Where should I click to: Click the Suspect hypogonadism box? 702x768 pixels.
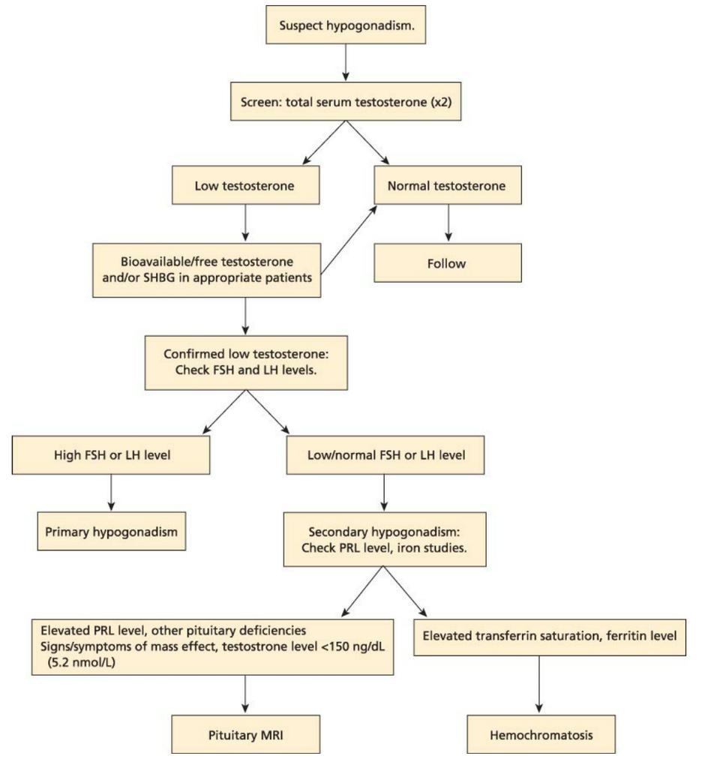[x=346, y=25]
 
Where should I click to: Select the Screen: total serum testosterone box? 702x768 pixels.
[x=346, y=102]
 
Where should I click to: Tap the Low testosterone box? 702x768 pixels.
[x=245, y=185]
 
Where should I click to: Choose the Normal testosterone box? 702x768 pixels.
[x=448, y=185]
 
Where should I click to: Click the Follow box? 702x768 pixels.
[x=448, y=263]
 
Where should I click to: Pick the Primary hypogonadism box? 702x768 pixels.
[x=112, y=532]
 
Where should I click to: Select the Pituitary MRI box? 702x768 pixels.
[x=245, y=735]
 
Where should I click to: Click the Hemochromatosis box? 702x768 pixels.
[x=541, y=735]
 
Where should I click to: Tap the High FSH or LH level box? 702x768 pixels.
[x=111, y=455]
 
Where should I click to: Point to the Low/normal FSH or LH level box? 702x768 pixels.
[x=385, y=455]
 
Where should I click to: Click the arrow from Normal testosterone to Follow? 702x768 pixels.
[x=448, y=223]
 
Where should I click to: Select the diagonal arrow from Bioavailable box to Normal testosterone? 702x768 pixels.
[x=349, y=239]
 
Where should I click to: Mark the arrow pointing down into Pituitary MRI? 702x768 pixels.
[x=245, y=694]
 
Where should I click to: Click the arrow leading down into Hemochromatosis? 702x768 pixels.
[x=539, y=684]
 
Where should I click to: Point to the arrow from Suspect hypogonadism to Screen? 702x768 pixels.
[x=346, y=62]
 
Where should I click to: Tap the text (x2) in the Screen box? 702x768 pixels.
[x=441, y=102]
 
